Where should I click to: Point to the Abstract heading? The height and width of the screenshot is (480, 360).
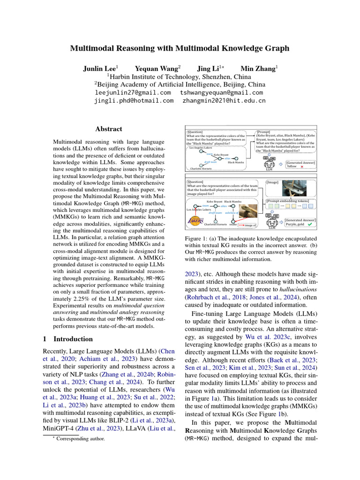(x=108, y=129)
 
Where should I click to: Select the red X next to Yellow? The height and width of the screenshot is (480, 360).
(x=302, y=166)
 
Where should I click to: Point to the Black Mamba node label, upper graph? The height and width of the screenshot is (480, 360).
(x=236, y=162)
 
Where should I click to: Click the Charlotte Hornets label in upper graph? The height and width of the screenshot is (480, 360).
(x=201, y=168)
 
